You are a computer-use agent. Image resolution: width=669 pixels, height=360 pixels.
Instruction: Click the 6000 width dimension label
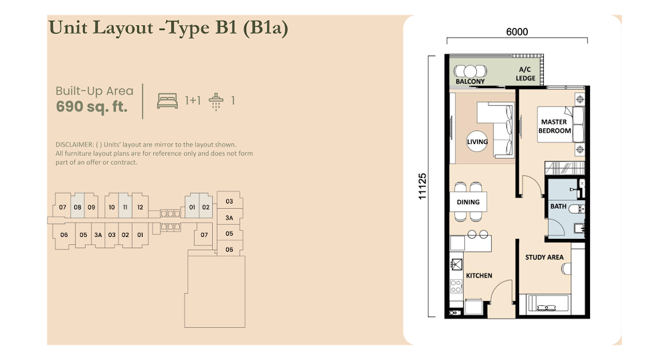[x=516, y=32]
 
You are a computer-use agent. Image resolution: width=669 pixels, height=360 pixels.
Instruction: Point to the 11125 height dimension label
[x=422, y=187]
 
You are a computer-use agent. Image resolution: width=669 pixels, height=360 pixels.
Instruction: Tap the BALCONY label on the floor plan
[x=470, y=82]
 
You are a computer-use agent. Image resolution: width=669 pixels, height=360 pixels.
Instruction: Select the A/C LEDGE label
[x=525, y=74]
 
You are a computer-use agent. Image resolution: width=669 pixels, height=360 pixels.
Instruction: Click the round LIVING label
[x=477, y=142]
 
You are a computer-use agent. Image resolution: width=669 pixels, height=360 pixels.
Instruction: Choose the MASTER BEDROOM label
[x=554, y=126]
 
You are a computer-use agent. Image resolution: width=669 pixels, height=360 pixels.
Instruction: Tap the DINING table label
[x=468, y=202]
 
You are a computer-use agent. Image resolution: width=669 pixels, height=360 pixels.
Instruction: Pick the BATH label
[x=558, y=207]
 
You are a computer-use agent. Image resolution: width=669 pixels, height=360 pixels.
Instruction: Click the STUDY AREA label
[x=544, y=257]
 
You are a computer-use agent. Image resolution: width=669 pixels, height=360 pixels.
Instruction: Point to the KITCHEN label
[x=479, y=276]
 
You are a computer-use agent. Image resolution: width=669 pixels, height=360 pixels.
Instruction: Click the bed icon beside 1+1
[x=167, y=100]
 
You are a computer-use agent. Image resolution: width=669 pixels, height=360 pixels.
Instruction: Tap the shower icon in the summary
[x=216, y=102]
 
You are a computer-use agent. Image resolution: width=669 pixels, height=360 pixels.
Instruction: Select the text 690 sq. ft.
[x=92, y=106]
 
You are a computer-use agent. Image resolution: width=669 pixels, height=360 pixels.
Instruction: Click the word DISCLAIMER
[x=74, y=145]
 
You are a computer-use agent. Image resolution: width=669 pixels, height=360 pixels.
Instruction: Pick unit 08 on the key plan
[x=77, y=207]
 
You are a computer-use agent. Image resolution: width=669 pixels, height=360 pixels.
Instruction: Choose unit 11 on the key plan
[x=125, y=207]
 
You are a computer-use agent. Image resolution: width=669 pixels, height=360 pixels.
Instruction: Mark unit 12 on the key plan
[x=140, y=207]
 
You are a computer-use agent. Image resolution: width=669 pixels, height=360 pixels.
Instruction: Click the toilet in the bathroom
[x=577, y=209]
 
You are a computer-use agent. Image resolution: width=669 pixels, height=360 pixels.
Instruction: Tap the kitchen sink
[x=456, y=264]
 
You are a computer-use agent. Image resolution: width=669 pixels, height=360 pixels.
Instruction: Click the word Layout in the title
[x=123, y=27]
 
